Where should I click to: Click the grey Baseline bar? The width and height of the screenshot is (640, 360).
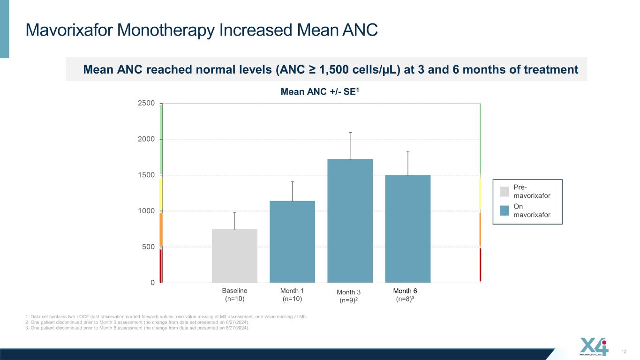coord(234,256)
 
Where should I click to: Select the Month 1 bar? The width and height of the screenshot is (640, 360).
coord(292,242)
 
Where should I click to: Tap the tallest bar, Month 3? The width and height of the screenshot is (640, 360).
coord(350,221)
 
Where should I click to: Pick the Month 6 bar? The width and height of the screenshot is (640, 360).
coord(408,229)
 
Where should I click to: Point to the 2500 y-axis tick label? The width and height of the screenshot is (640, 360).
coord(146,103)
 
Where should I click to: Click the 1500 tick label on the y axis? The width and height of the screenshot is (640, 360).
coord(146,175)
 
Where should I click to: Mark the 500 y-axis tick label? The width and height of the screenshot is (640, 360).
coord(148,247)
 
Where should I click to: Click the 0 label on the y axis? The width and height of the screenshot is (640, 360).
coord(152,283)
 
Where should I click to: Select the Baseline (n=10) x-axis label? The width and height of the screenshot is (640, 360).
coord(234,294)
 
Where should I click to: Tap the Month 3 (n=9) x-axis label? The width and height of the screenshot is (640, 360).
coord(348,296)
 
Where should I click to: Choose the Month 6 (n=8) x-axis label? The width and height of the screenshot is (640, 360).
coord(405,295)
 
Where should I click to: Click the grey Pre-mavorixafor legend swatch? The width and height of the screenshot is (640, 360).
coord(504,191)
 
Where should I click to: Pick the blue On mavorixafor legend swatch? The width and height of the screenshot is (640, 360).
coord(504,210)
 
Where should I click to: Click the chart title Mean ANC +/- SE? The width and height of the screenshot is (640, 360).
coord(320,91)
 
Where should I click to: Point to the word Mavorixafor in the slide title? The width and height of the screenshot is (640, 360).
coord(69,30)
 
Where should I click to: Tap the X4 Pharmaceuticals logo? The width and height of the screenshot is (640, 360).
coord(594,346)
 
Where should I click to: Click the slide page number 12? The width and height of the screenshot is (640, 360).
coord(624,352)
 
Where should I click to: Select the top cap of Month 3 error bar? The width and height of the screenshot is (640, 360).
coord(350,133)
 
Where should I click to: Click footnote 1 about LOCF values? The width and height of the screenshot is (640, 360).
coord(166,316)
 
